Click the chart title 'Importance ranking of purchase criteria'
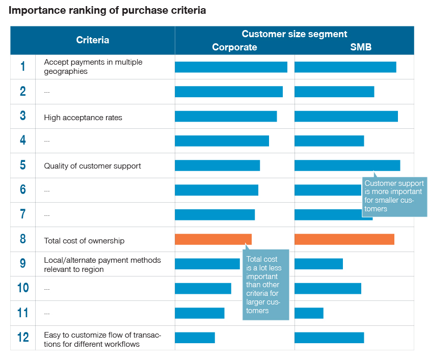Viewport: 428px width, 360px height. pos(108,10)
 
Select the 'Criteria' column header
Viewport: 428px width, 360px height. pos(92,40)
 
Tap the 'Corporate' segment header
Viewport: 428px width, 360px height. pos(234,47)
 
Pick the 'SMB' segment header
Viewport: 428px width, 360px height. pos(361,47)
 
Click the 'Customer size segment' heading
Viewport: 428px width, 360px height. pos(294,34)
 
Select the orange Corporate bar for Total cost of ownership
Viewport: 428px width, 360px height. pos(213,239)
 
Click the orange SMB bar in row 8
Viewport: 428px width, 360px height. pos(344,239)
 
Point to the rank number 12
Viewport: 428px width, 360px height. pos(23,337)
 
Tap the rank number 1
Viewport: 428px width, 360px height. pos(23,67)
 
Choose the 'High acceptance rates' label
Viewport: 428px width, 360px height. pos(83,118)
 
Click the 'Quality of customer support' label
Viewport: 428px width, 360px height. pos(92,166)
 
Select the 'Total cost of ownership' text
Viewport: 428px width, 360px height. pos(84,241)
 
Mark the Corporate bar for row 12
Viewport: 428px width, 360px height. pos(195,338)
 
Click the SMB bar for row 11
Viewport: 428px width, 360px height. pos(309,313)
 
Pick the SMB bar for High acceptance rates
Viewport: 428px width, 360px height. pos(346,116)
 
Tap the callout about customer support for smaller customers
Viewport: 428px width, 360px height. pos(394,197)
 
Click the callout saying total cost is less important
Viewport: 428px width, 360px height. pos(265,285)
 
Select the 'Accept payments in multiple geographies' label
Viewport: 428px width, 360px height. pos(93,67)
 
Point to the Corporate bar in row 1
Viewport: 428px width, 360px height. pos(231,67)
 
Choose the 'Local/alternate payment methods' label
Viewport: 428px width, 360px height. pos(102,265)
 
